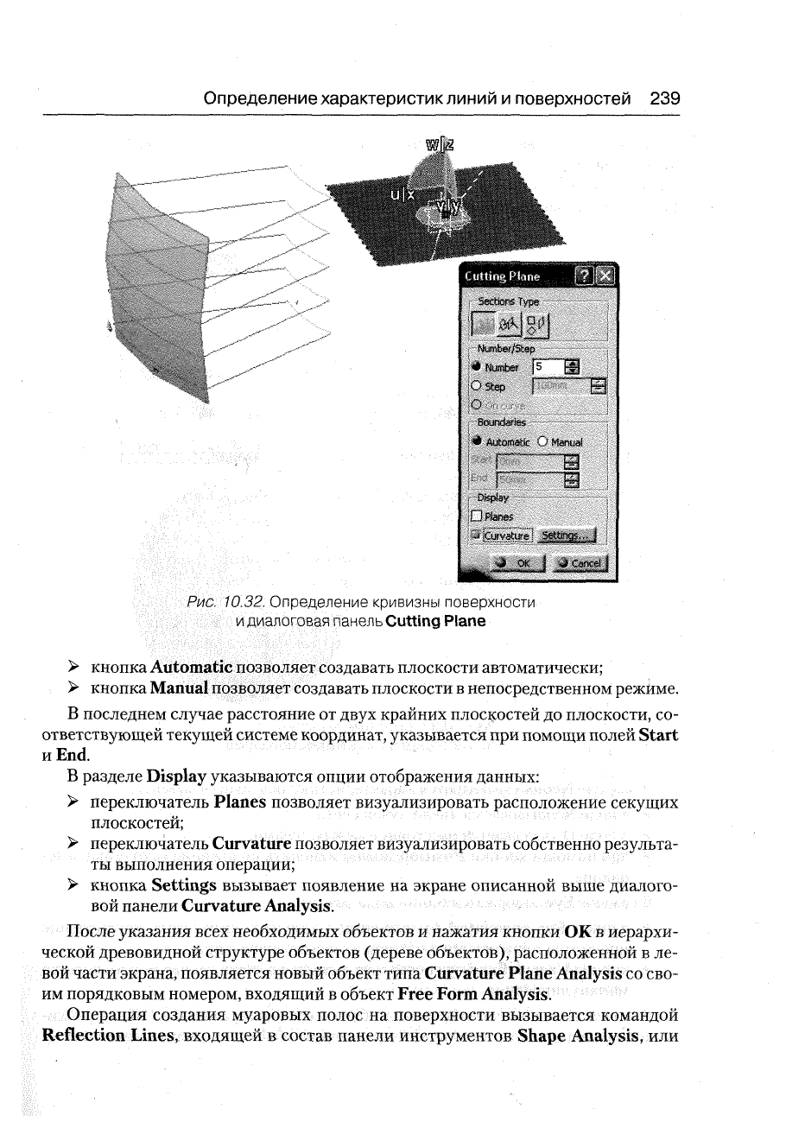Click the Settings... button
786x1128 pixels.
point(567,536)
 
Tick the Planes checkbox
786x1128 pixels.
point(476,516)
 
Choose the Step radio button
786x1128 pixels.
point(475,387)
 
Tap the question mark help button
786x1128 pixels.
point(583,276)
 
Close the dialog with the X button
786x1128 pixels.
point(605,276)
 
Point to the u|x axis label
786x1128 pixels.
point(403,195)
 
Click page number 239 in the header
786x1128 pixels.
point(666,98)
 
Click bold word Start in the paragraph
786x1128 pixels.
point(657,734)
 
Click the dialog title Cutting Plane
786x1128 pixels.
point(502,276)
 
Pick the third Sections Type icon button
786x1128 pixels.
point(536,326)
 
